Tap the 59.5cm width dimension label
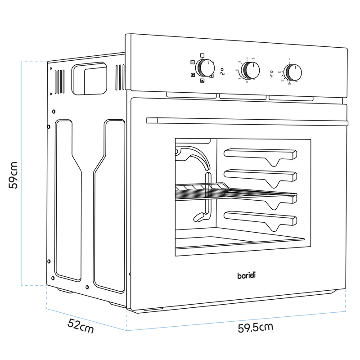256,327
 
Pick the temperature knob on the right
293,72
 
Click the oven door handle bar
247,121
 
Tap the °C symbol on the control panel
271,76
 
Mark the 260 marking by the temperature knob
279,72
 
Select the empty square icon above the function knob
202,55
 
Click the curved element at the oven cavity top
194,155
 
